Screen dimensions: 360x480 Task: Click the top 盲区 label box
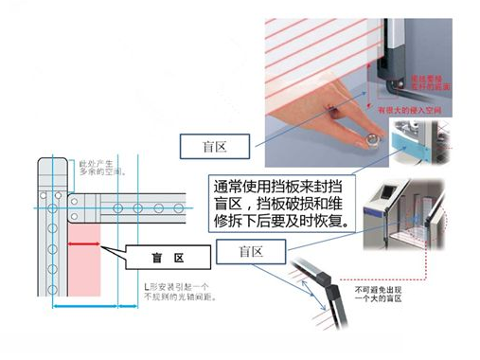click(x=215, y=146)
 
